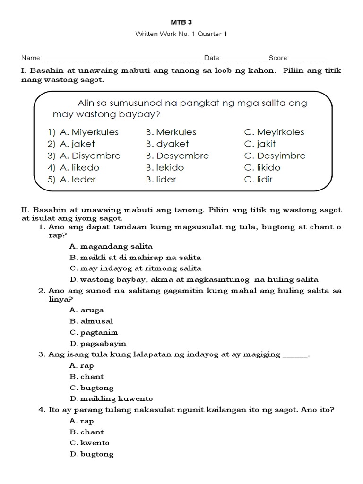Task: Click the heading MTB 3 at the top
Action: (x=181, y=22)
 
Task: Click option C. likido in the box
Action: (x=262, y=167)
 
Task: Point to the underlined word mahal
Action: (x=243, y=291)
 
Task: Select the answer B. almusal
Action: (x=91, y=321)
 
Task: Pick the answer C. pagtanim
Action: (x=94, y=332)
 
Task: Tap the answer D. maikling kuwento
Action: (x=111, y=398)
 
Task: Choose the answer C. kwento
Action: (x=89, y=443)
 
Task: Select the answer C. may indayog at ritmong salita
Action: (x=135, y=268)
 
